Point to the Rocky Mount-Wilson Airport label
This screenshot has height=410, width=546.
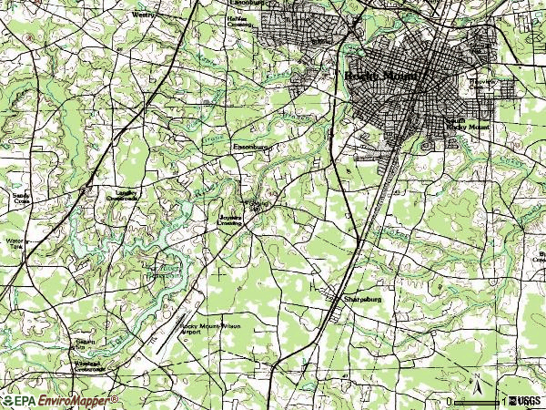(x=210, y=329)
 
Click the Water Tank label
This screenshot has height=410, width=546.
(x=14, y=244)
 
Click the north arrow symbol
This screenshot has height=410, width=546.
(x=474, y=384)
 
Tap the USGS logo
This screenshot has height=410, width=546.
(x=526, y=401)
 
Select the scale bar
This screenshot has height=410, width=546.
(x=477, y=401)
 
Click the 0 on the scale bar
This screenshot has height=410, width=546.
(x=450, y=401)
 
